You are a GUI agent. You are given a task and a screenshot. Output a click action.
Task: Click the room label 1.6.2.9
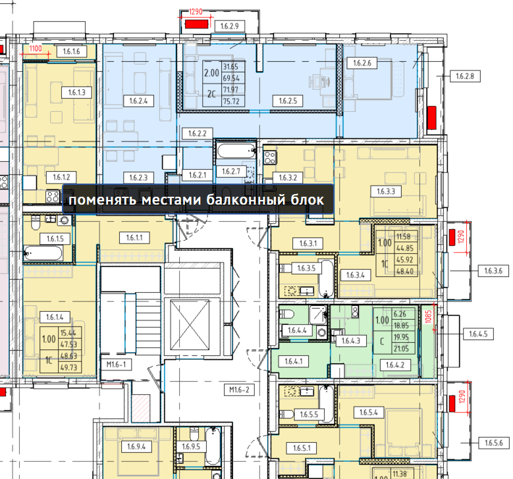230,26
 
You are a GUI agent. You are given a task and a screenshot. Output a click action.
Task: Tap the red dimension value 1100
36,49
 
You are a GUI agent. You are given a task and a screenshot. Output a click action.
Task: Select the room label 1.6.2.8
465,76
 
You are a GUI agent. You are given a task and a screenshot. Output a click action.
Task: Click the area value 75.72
231,101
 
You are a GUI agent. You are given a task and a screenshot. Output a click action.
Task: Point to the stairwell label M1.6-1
116,365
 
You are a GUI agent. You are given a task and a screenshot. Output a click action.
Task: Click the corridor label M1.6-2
239,390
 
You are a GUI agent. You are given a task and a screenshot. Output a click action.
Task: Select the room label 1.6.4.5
478,334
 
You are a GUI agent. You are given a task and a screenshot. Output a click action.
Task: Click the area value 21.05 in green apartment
401,349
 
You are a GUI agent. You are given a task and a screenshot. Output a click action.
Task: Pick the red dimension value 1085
429,317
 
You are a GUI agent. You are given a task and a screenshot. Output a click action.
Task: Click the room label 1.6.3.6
493,270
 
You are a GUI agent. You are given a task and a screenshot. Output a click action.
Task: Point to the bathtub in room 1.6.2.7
236,151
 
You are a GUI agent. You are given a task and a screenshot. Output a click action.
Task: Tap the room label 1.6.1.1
134,238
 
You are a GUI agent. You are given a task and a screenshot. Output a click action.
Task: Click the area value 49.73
68,368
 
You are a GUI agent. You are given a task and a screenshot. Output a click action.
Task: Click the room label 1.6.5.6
494,443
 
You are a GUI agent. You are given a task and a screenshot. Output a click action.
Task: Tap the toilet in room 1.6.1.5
36,222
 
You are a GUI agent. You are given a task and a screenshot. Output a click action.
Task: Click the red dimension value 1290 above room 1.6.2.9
196,12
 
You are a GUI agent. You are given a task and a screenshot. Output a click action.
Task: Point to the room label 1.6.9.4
136,446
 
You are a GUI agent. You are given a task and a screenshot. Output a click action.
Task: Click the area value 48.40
405,271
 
